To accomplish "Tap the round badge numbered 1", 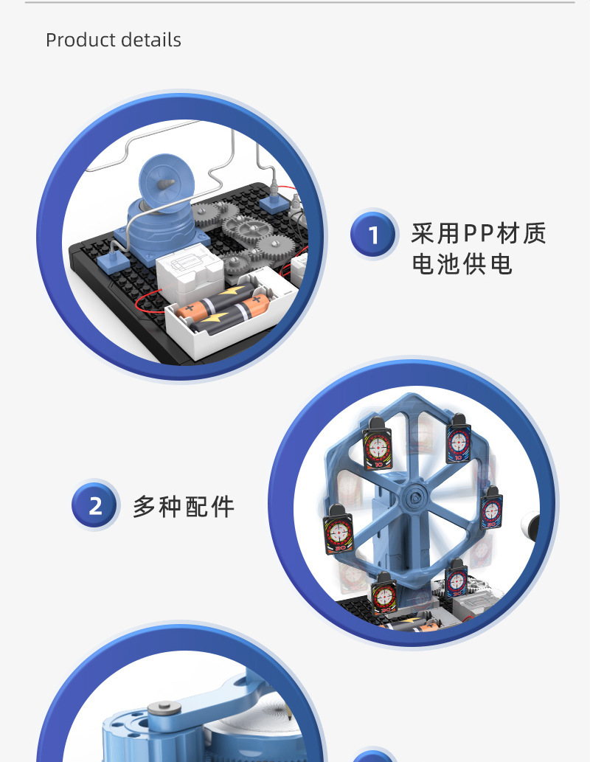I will [373, 235].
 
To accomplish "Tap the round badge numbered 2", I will [95, 506].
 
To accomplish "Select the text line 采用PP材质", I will [479, 233].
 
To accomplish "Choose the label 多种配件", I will [184, 507].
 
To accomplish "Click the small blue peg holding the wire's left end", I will [113, 258].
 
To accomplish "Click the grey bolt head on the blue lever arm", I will [163, 710].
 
